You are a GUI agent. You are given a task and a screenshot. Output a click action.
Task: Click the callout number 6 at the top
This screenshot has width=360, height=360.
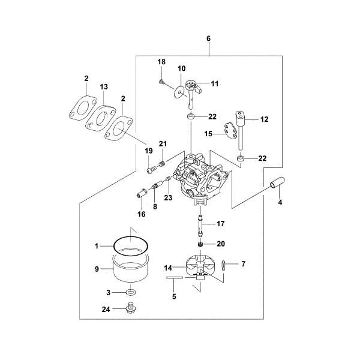(x=208, y=38)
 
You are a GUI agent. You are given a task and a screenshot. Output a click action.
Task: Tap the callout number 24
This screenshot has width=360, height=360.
(x=106, y=310)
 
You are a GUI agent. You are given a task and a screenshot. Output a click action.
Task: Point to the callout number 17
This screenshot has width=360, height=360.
(x=220, y=224)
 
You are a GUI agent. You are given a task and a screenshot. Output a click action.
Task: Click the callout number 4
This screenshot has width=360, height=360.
(x=280, y=203)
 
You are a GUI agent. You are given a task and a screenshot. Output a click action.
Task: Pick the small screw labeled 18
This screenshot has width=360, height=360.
(x=162, y=82)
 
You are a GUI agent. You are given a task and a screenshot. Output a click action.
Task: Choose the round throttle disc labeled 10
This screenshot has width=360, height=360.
(x=179, y=92)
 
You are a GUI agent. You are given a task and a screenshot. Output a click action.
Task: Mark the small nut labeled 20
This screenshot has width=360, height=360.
(x=200, y=244)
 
